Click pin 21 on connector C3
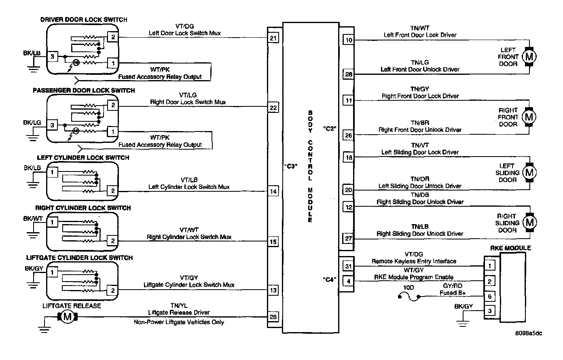point(273,39)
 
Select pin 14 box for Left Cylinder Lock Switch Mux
point(273,191)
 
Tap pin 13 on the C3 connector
point(273,290)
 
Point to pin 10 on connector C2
point(349,40)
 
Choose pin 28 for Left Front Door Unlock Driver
point(349,74)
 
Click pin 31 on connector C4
point(348,266)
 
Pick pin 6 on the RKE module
point(489,296)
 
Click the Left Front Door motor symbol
point(529,57)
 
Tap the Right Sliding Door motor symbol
point(529,222)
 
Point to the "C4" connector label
point(330,280)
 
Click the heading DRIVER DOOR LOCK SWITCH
point(84,19)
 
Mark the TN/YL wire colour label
point(179,306)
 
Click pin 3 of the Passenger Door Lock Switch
point(52,125)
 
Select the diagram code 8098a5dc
point(529,333)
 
